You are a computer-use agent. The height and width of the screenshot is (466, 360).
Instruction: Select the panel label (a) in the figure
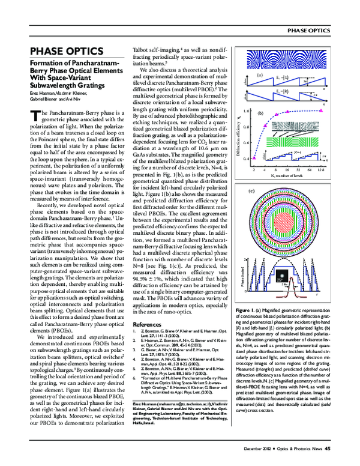(x=260, y=76)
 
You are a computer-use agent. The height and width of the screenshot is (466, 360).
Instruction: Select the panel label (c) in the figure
(x=251, y=192)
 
